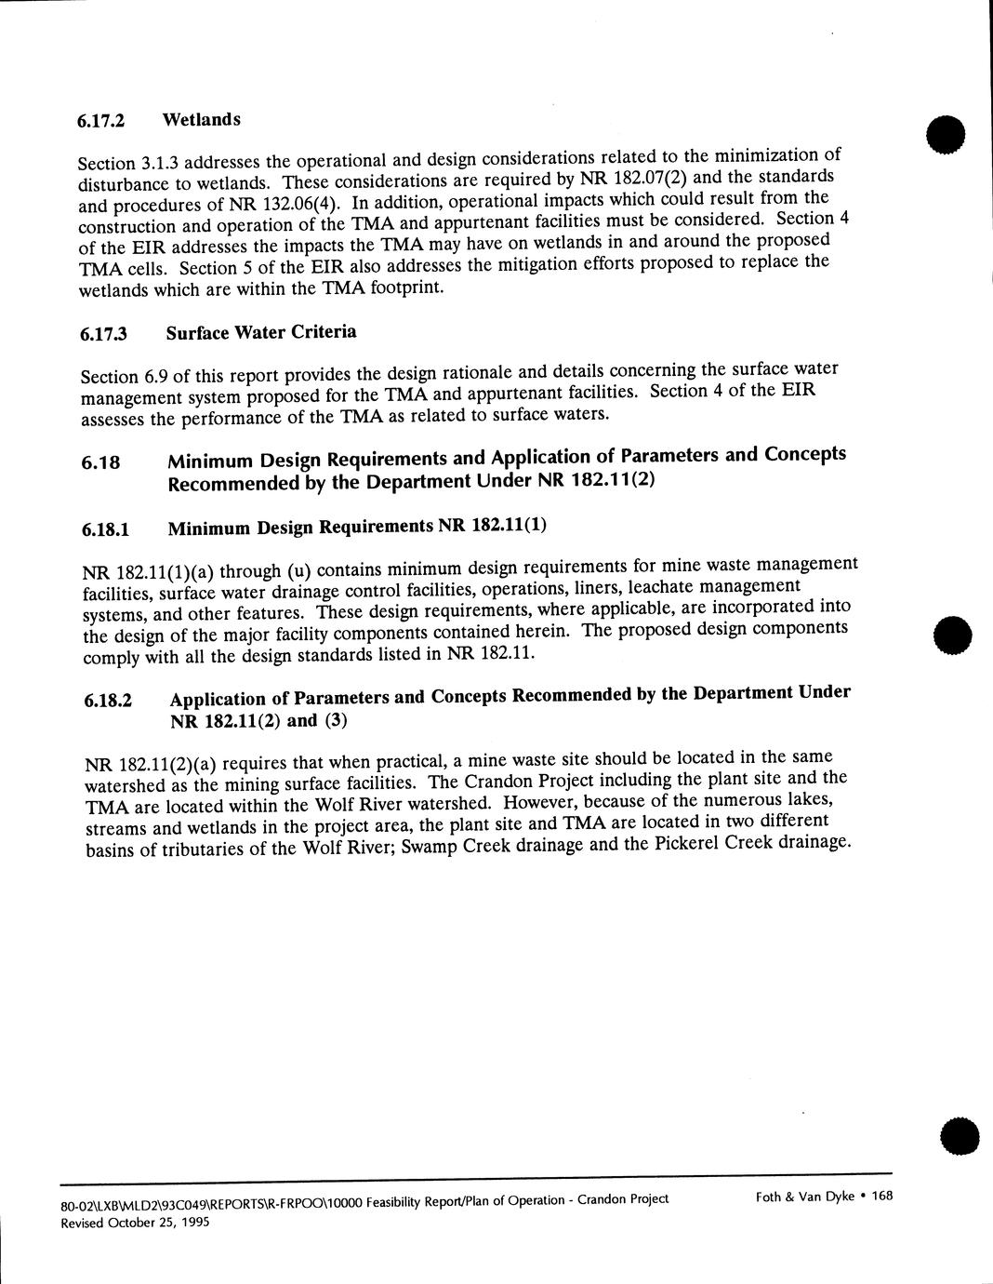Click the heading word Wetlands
(x=201, y=119)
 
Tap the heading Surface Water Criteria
(x=261, y=332)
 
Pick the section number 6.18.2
(x=108, y=702)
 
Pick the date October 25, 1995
(x=154, y=1223)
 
